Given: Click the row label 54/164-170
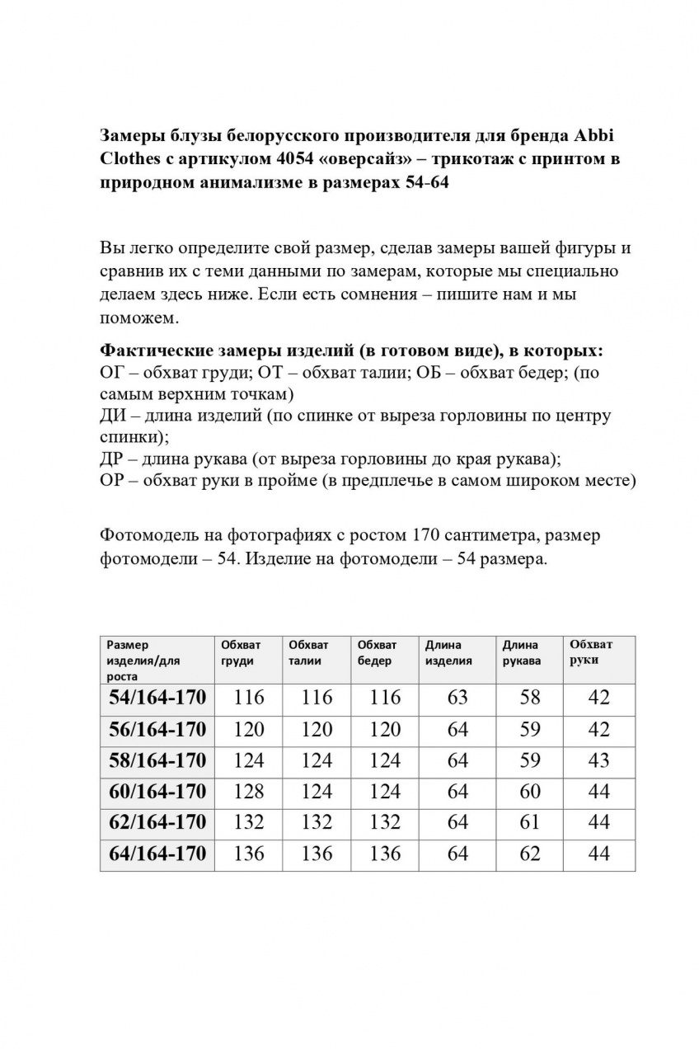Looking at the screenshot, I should (x=157, y=698).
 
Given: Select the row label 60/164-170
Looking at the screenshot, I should (x=157, y=792).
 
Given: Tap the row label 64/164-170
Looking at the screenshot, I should (x=157, y=854).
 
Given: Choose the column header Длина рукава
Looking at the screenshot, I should (x=521, y=652).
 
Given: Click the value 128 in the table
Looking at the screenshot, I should (x=249, y=792).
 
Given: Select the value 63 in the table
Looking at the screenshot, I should (x=457, y=698).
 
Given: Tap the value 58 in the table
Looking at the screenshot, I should (x=530, y=698).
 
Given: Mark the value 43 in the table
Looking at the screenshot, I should (x=599, y=760).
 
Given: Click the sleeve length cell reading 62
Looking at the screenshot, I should (x=530, y=854).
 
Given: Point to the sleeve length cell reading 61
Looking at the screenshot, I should (x=530, y=822).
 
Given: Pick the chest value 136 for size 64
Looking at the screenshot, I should (x=249, y=854).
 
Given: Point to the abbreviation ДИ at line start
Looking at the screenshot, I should (x=112, y=416).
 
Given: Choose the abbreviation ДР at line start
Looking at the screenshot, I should (x=111, y=459).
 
